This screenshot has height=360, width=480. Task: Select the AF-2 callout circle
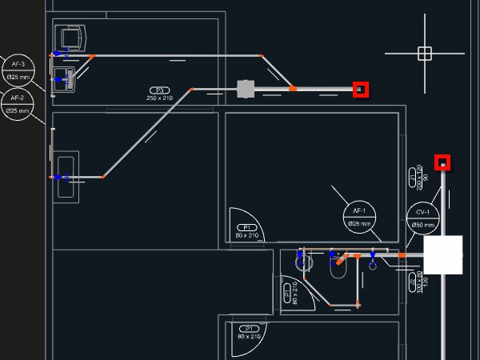pyautogui.click(x=18, y=104)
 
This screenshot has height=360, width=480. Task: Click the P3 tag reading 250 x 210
pyautogui.click(x=159, y=94)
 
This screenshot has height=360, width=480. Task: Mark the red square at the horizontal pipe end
pyautogui.click(x=361, y=89)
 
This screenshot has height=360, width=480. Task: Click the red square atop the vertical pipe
pyautogui.click(x=442, y=162)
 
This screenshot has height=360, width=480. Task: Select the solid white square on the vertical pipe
pyautogui.click(x=443, y=254)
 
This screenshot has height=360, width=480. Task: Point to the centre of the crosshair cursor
pyautogui.click(x=425, y=54)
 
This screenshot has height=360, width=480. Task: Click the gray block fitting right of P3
pyautogui.click(x=245, y=89)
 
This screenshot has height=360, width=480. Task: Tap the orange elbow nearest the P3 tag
pyautogui.click(x=191, y=90)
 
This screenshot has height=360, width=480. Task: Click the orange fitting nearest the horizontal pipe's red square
pyautogui.click(x=293, y=88)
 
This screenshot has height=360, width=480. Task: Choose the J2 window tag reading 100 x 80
pyautogui.click(x=414, y=282)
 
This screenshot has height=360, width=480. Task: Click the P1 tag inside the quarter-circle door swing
pyautogui.click(x=248, y=231)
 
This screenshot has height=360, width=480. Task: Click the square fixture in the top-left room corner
pyautogui.click(x=70, y=38)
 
